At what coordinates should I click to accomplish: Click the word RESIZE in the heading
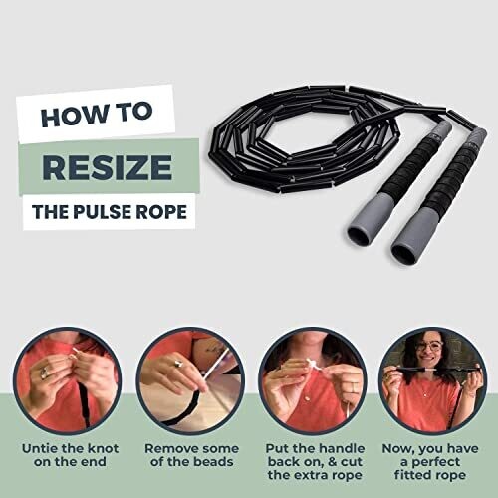(x=107, y=166)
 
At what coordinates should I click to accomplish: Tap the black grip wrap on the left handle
(x=407, y=166)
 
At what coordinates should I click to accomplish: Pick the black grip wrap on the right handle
(x=450, y=179)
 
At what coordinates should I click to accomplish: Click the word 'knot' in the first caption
(x=103, y=448)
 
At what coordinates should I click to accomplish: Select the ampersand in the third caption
(x=333, y=462)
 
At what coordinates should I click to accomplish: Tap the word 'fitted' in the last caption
(x=412, y=475)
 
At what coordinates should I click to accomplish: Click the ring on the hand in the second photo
(x=178, y=364)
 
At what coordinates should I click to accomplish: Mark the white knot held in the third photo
(x=312, y=365)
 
